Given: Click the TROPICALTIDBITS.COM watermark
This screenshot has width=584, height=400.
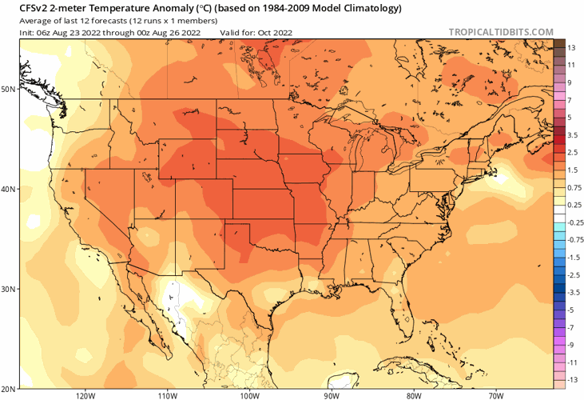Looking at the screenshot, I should pyautogui.click(x=501, y=32).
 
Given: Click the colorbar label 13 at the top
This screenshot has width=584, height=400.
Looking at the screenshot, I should pyautogui.click(x=572, y=47).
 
